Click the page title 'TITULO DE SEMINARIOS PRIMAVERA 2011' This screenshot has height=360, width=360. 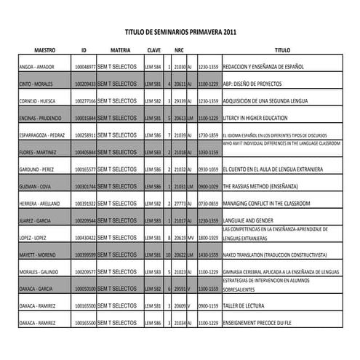point(180,33)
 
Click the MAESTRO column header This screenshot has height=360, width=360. point(45,50)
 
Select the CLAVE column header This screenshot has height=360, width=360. point(153,50)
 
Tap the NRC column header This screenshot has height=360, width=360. point(179,50)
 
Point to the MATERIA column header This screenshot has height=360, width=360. point(120,50)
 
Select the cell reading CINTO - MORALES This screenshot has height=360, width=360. point(36,84)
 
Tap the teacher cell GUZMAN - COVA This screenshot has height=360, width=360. point(34,186)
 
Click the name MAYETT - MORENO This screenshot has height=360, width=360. point(37,255)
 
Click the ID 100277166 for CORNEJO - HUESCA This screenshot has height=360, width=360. point(85,102)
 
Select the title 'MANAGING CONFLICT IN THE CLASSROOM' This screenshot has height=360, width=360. point(267,204)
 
